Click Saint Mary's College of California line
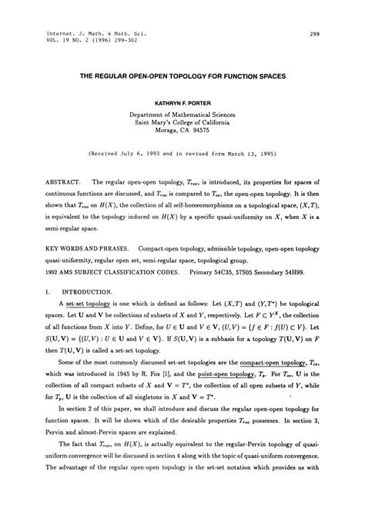[182, 121]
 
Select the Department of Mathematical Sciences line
[182, 112]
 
